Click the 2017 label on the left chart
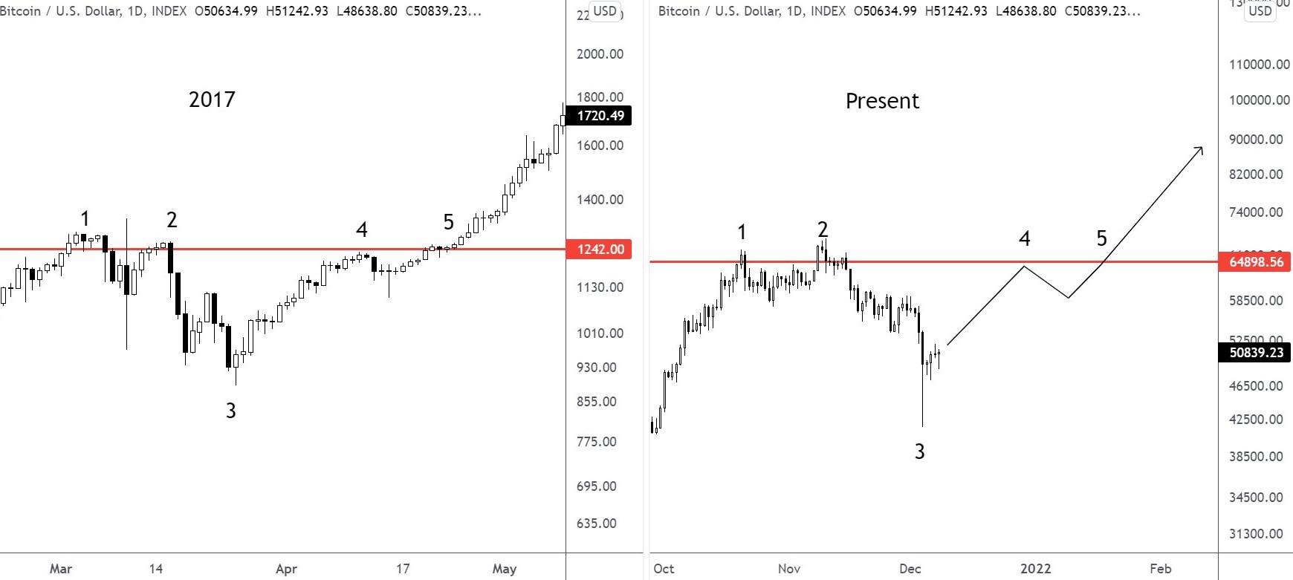tap(212, 100)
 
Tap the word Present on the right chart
tap(882, 101)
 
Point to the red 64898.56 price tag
tap(1256, 262)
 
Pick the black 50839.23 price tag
tap(1256, 353)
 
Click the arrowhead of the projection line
tap(1199, 150)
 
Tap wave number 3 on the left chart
tap(231, 411)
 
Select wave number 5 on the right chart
tap(1101, 238)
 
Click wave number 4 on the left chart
tap(362, 230)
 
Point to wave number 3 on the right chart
tap(919, 452)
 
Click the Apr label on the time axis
tap(286, 569)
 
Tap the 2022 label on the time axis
tap(1035, 569)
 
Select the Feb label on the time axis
tap(1160, 569)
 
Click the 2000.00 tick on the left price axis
tap(600, 54)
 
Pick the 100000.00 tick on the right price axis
tap(1260, 100)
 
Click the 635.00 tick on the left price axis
tap(597, 524)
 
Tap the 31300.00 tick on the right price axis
tap(1256, 534)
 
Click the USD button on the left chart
tap(604, 11)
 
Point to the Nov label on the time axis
tap(789, 569)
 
